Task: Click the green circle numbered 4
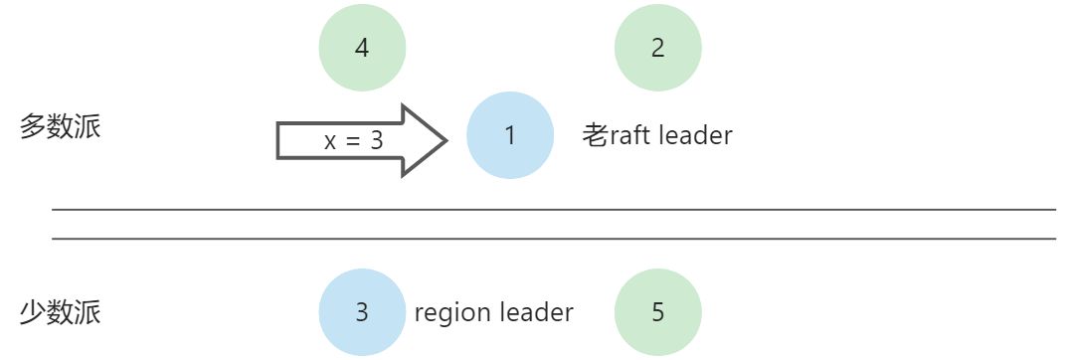[x=362, y=48]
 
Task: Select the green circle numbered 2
[x=657, y=48]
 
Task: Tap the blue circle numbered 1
[x=509, y=135]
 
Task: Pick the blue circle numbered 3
[x=362, y=312]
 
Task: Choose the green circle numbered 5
[x=657, y=312]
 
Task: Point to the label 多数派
[x=60, y=128]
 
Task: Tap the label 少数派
[x=60, y=313]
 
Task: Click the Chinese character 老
[x=595, y=135]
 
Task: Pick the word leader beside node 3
[x=537, y=312]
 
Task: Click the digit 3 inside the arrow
[x=376, y=141]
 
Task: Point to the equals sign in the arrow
[x=353, y=141]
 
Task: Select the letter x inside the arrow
[x=330, y=142]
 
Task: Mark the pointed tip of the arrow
[x=445, y=140]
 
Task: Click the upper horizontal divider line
[x=553, y=210]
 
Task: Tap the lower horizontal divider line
[x=553, y=239]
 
